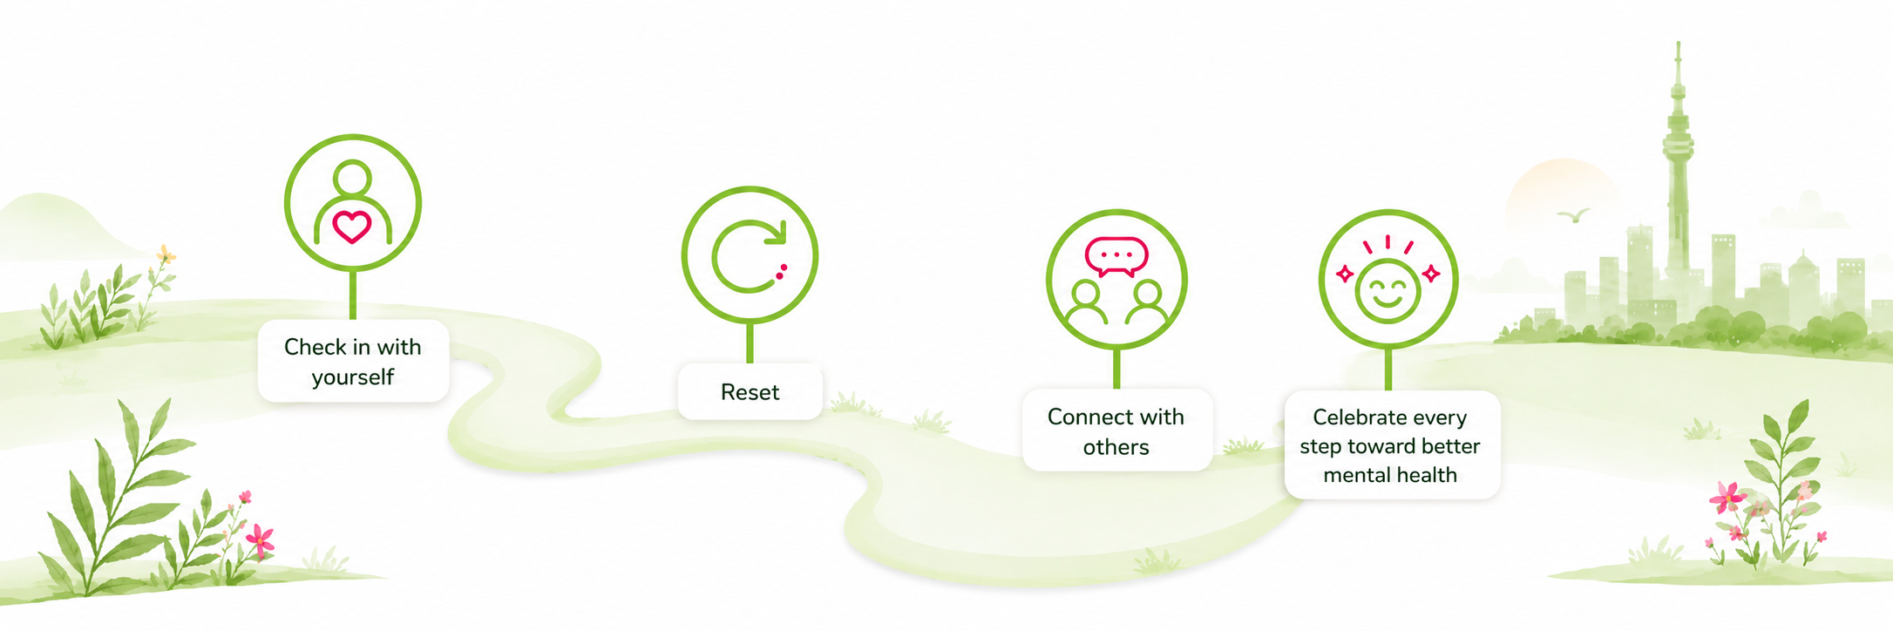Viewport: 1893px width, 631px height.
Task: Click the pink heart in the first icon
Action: coord(352,227)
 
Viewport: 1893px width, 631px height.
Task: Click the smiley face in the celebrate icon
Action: coord(1388,291)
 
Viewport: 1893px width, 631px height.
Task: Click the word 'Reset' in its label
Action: coord(750,392)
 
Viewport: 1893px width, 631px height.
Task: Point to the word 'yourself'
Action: coord(353,377)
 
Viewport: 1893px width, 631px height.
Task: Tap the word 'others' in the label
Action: coord(1116,447)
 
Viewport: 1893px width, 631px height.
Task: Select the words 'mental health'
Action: coord(1390,475)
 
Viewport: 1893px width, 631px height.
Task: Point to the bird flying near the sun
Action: coord(1574,214)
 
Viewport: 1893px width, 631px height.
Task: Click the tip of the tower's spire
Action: coord(1678,42)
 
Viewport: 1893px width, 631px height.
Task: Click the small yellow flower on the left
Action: coord(165,254)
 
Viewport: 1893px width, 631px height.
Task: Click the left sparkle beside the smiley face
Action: coord(1345,275)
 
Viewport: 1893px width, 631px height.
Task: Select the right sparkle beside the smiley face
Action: coord(1431,275)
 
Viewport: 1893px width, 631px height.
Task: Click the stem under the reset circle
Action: coord(750,343)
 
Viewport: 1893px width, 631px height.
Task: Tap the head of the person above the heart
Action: coord(352,177)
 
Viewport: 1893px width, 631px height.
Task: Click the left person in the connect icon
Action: coord(1087,302)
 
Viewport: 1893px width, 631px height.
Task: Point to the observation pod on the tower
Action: coord(1678,144)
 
